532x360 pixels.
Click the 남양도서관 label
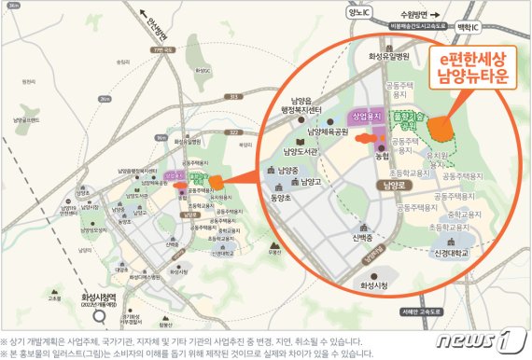pyautogui.click(x=304, y=150)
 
